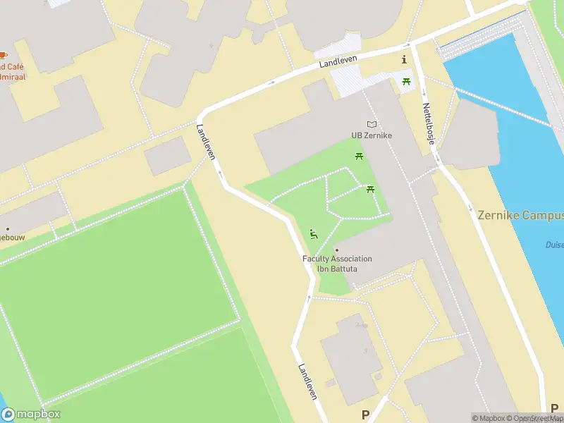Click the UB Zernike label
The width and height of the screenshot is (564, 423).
pos(372,135)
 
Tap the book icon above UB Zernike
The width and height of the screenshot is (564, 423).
pos(372,124)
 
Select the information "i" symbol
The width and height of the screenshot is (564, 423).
pos(404,60)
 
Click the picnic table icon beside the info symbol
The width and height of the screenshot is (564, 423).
pos(407,82)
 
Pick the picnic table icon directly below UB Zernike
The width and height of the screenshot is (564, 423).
pos(359,156)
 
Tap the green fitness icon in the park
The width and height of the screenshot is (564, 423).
pos(314,234)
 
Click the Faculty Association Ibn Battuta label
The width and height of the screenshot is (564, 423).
pos(337,264)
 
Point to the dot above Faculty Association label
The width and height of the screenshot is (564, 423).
pos(337,250)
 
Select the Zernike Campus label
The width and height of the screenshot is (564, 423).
pos(520,215)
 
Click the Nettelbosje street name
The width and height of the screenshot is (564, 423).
pos(429,124)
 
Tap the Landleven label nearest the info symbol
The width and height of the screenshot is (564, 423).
pos(338,63)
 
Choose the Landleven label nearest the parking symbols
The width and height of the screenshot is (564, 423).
pos(307,382)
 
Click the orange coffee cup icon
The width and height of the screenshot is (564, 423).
pos(4,55)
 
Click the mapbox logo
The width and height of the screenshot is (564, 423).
pos(30,415)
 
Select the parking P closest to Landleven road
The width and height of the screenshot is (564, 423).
pos(365,415)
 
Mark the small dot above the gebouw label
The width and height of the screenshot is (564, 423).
pos(8,228)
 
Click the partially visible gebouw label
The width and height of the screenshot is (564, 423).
pos(12,238)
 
